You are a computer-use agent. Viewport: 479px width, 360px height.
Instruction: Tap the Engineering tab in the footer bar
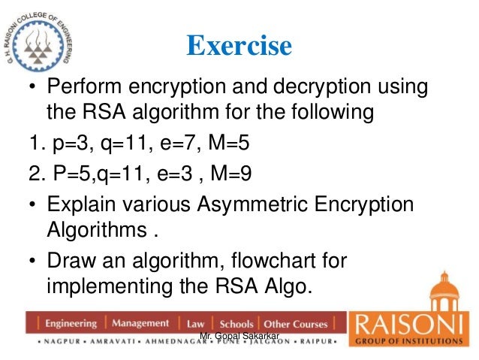tap(71, 324)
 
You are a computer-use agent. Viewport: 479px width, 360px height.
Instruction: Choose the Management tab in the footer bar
tap(140, 324)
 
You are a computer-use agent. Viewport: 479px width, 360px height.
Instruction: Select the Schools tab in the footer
tap(233, 324)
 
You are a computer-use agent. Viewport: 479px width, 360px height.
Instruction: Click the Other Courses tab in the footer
tap(296, 324)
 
